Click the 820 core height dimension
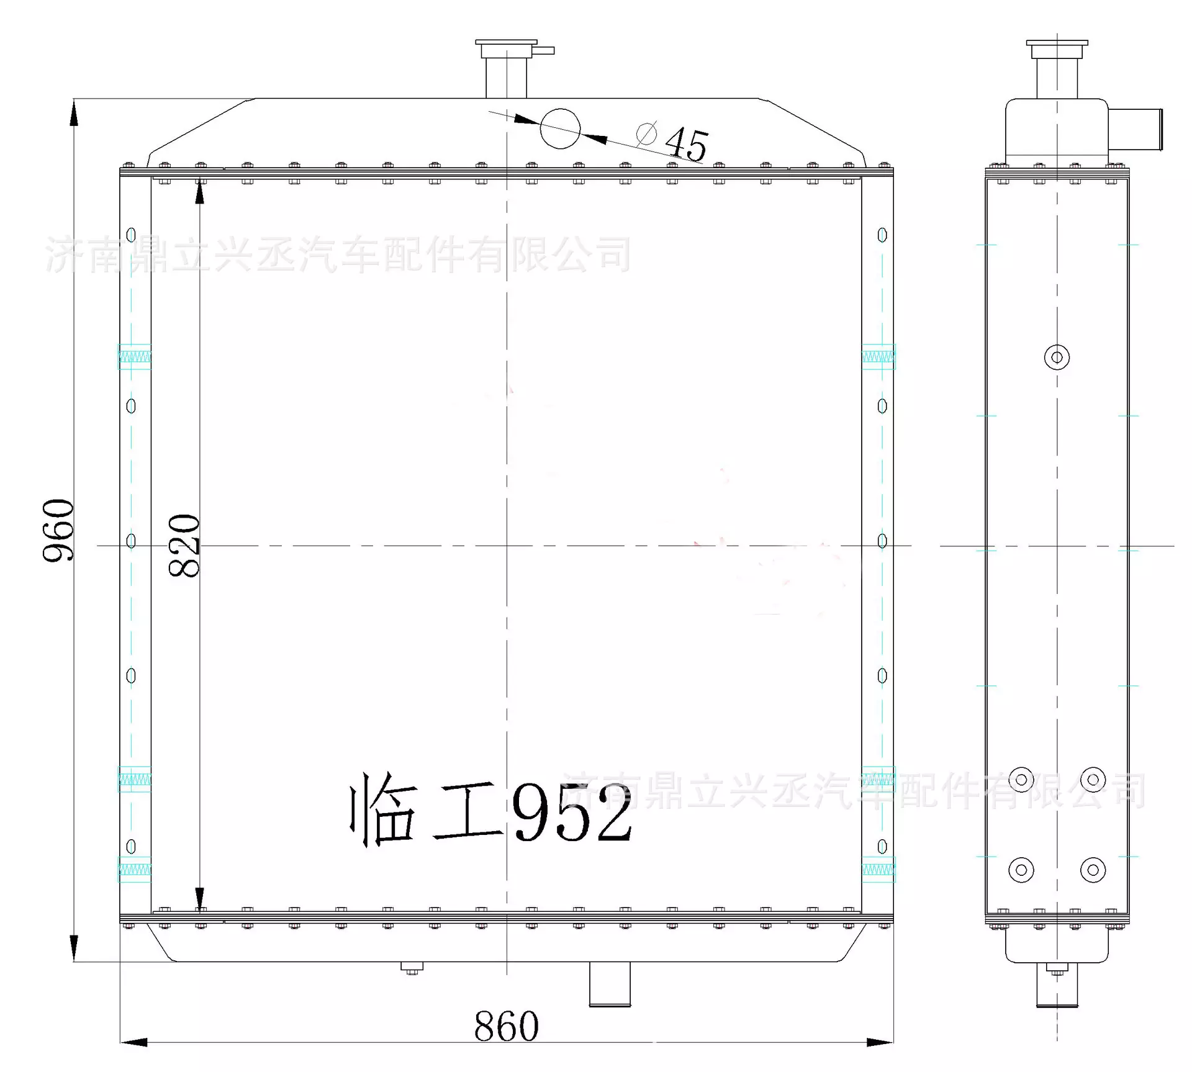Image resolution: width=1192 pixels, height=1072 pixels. [x=184, y=546]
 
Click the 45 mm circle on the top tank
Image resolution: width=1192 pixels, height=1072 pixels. [x=560, y=128]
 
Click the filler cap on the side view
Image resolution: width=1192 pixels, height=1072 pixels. [x=1057, y=48]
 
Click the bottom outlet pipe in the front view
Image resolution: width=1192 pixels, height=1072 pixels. [x=609, y=984]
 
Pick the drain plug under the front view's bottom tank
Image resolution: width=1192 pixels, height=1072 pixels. [x=411, y=968]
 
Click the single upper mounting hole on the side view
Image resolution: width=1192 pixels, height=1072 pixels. [x=1057, y=358]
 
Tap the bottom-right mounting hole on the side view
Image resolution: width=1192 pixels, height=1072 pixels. [x=1093, y=870]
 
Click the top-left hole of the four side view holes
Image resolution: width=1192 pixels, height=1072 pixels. [x=1021, y=780]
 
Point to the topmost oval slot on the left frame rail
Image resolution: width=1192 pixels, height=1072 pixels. [x=131, y=235]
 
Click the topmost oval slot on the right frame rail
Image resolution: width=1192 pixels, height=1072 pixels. [x=882, y=235]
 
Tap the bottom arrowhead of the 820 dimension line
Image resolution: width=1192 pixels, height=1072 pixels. [x=199, y=899]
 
